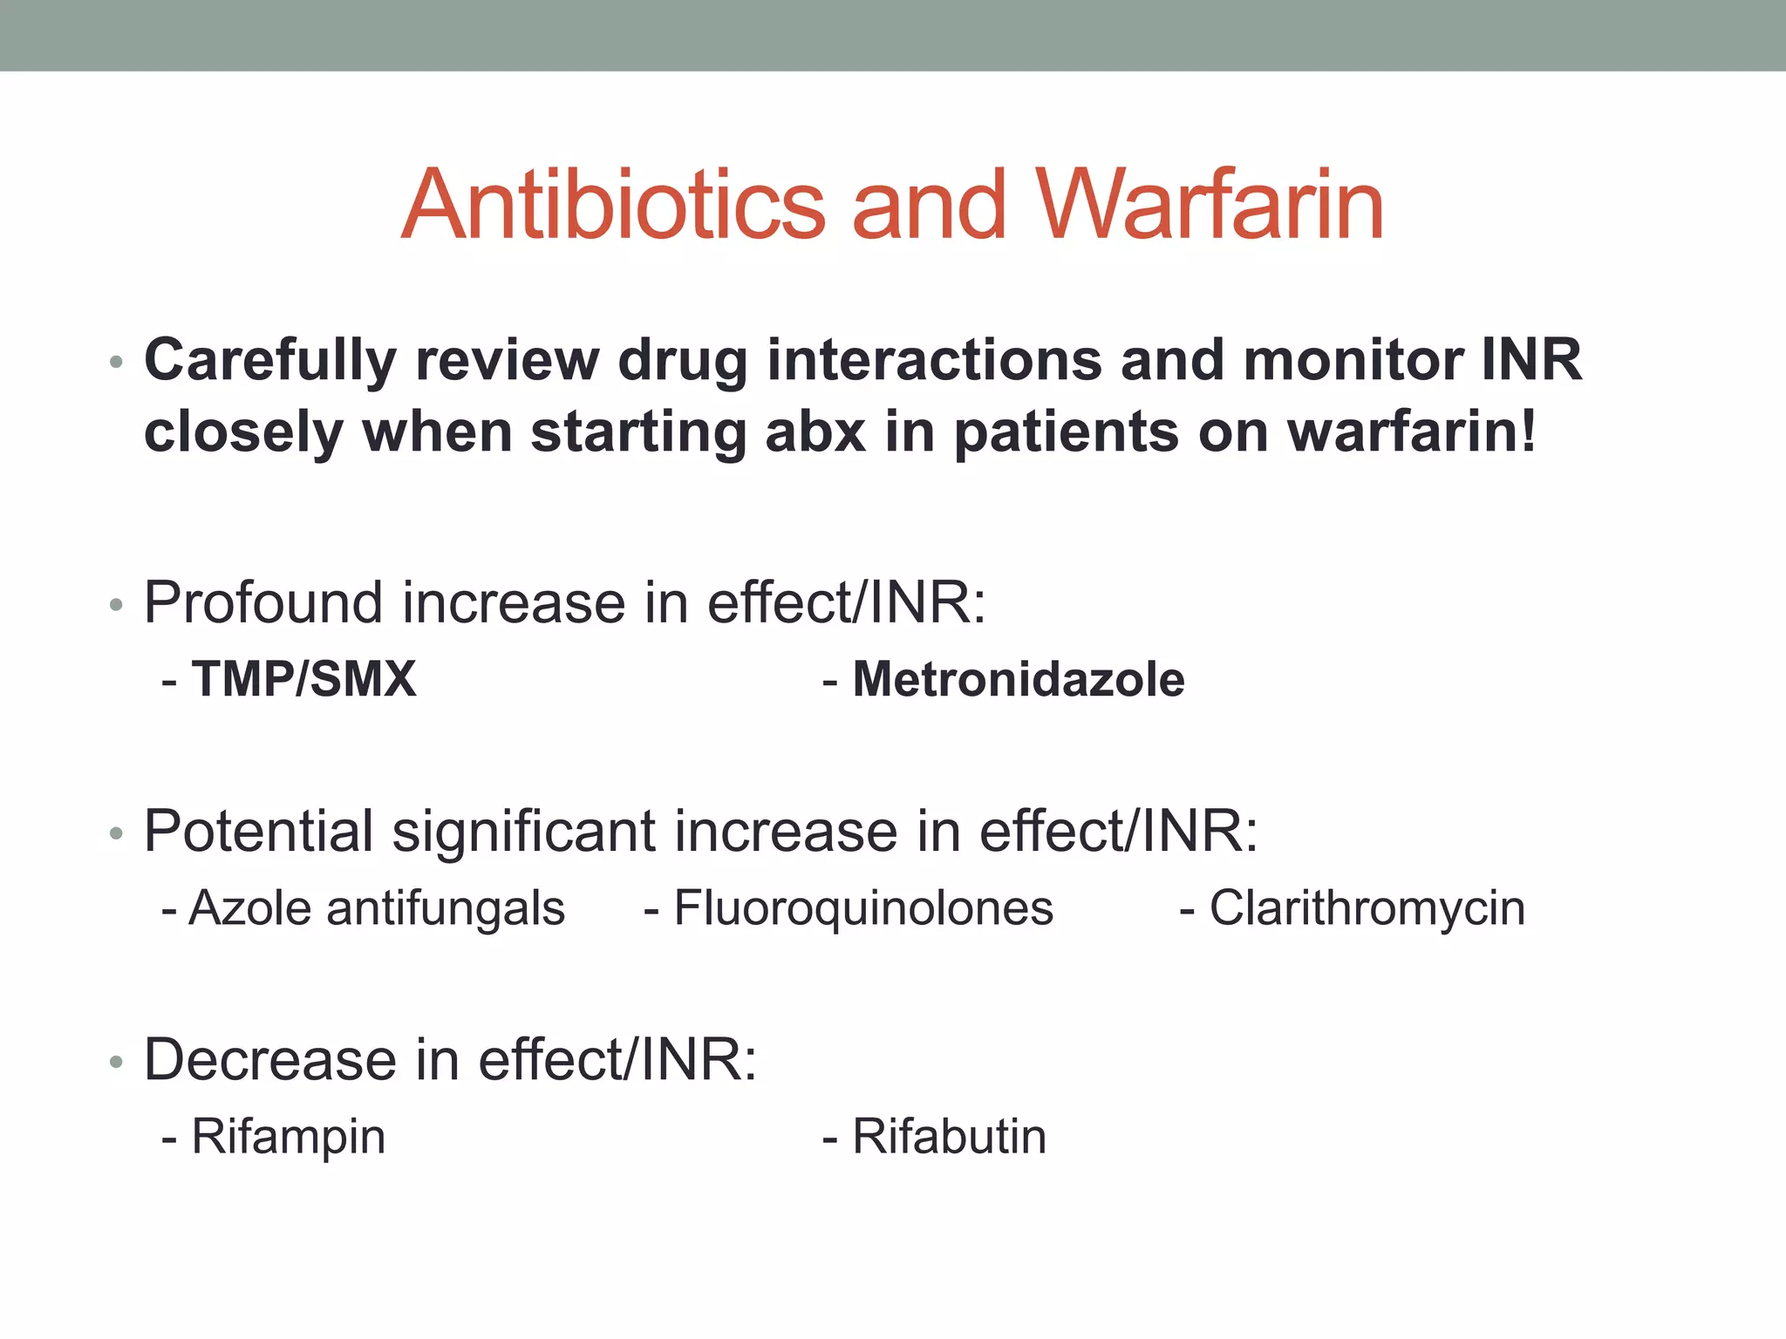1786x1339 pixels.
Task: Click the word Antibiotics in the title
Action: pos(613,206)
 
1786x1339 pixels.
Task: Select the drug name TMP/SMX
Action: pos(303,679)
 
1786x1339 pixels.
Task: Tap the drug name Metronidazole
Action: pos(1019,679)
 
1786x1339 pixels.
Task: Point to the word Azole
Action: pos(250,908)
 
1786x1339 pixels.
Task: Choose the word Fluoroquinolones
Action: pos(863,908)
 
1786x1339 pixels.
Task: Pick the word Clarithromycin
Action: pos(1367,908)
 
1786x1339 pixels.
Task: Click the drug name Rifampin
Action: pos(289,1137)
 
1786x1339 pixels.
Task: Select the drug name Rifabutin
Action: pos(949,1137)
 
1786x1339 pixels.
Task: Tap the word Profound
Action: pos(262,602)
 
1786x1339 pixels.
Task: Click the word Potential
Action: pos(259,831)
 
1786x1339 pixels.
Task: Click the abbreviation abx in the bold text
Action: pos(815,432)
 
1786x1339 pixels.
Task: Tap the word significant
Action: pos(523,831)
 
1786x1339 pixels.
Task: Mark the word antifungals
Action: pos(446,908)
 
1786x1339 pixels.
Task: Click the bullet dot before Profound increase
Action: pos(116,605)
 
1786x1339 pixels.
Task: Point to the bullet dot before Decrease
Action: pos(116,1063)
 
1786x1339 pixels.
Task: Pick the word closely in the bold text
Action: pos(243,432)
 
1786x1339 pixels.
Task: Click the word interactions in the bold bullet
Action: pos(934,360)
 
